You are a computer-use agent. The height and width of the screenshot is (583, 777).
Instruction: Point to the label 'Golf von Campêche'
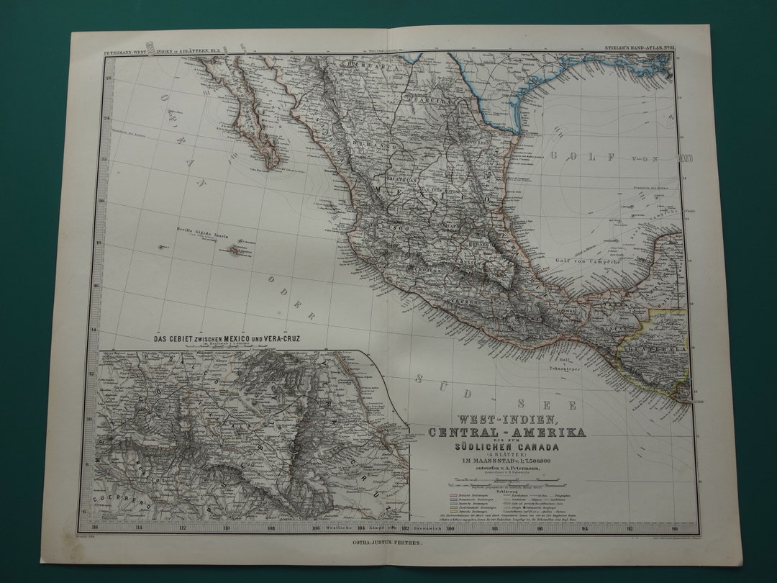589,261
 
